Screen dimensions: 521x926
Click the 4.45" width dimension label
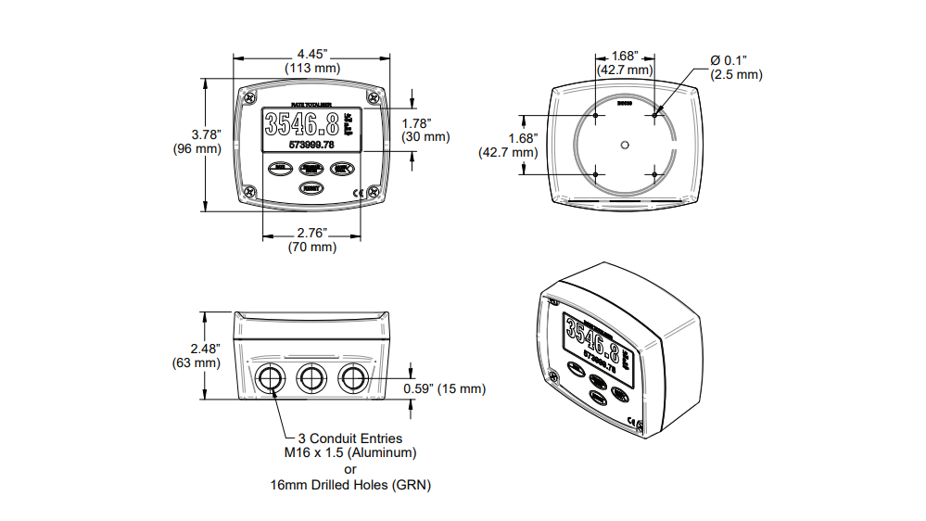point(311,53)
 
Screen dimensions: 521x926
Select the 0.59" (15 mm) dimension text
point(444,388)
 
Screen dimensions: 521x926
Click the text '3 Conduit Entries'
point(349,438)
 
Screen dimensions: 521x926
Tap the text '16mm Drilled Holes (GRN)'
point(350,484)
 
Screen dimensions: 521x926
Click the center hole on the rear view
point(625,144)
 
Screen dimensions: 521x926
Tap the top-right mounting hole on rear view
point(654,115)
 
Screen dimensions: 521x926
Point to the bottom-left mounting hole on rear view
point(595,173)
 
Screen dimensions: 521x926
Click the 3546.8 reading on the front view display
point(300,125)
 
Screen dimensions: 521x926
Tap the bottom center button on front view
point(311,188)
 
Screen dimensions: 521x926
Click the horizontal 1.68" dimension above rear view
point(624,57)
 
